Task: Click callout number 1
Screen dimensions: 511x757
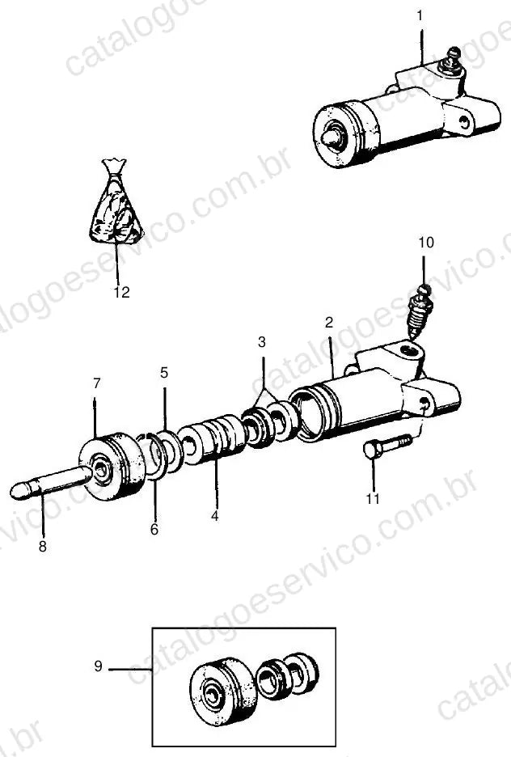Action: click(x=420, y=16)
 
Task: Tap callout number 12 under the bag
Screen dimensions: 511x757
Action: click(x=121, y=292)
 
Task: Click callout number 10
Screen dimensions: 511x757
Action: click(x=426, y=243)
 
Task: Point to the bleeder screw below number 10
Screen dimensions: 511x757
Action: click(x=420, y=311)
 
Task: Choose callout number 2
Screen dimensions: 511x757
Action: click(x=329, y=322)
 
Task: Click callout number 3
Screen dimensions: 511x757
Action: click(x=261, y=342)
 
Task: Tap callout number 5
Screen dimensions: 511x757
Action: click(x=164, y=373)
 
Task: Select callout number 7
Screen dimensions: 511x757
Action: click(x=97, y=383)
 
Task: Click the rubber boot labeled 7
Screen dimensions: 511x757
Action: click(x=112, y=467)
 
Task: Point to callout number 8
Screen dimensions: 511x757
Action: click(x=43, y=547)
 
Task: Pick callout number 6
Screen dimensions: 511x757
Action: click(x=154, y=530)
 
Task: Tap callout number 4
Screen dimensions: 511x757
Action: click(x=215, y=516)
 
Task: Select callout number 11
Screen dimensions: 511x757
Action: click(x=373, y=498)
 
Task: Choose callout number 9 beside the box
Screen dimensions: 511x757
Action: click(x=98, y=666)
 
